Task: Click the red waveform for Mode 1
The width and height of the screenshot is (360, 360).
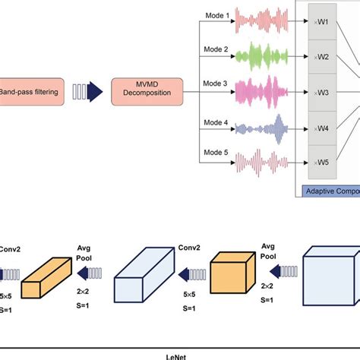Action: pyautogui.click(x=263, y=20)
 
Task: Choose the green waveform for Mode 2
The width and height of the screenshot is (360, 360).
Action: pyautogui.click(x=263, y=56)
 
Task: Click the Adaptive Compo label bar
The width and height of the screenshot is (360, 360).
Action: pyautogui.click(x=330, y=191)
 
